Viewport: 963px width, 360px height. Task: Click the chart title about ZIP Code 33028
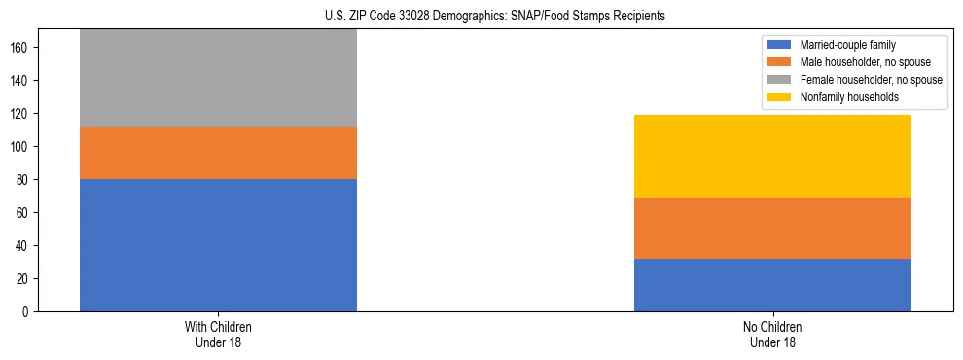(x=495, y=17)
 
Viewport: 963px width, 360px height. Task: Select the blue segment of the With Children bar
(x=218, y=245)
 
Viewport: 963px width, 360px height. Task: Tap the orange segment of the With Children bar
(x=218, y=153)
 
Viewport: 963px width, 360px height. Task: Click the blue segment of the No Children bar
(x=772, y=285)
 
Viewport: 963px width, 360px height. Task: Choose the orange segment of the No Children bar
(x=772, y=228)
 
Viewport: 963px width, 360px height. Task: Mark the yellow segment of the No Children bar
(x=772, y=156)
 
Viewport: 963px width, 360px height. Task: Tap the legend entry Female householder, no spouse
(x=870, y=80)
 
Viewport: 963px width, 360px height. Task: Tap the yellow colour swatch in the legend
(x=780, y=97)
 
